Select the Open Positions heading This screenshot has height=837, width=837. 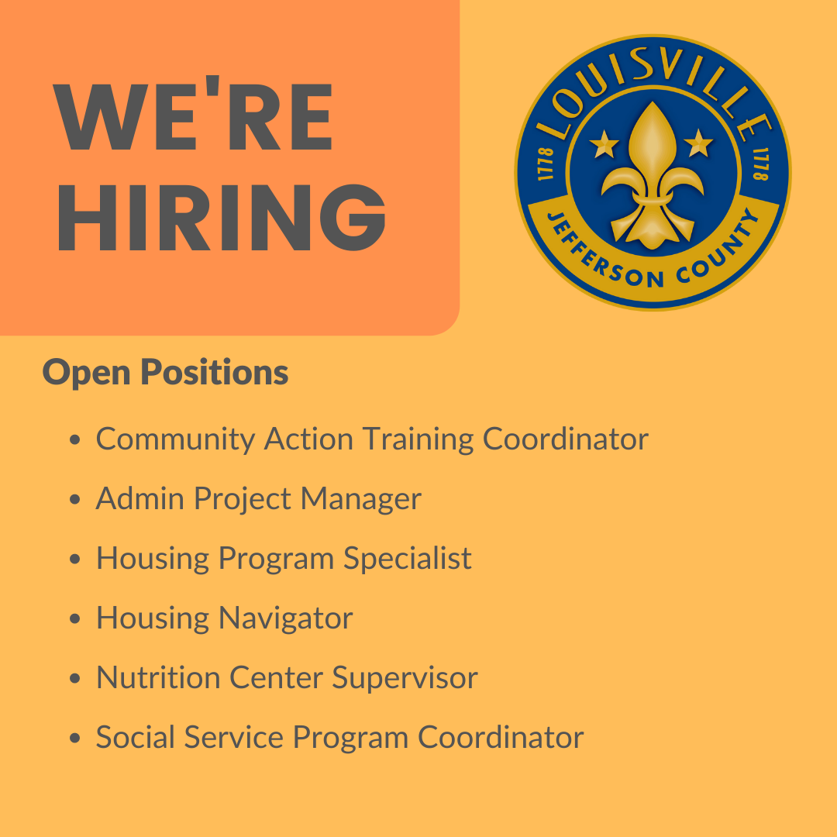tap(165, 373)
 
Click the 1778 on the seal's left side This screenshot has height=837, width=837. tap(544, 164)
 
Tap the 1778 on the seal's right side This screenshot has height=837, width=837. tap(759, 164)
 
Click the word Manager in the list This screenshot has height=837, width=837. tap(361, 499)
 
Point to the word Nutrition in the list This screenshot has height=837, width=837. tap(158, 678)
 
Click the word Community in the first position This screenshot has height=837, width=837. tap(175, 440)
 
